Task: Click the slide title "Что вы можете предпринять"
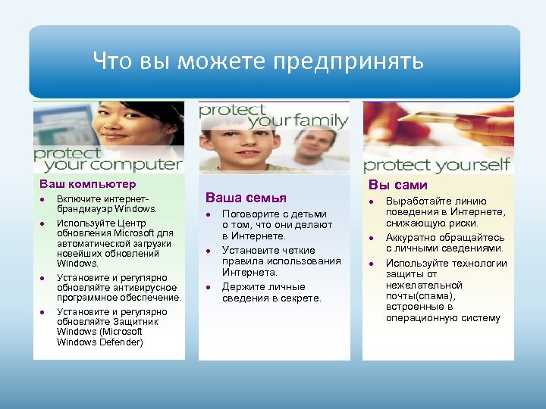coord(258,61)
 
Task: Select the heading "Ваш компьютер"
coord(88,184)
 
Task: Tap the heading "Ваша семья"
coord(247,197)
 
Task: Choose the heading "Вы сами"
coord(397,185)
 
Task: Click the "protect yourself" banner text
coord(437,165)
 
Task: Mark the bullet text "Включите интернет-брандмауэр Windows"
coord(107,203)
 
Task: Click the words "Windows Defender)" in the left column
coord(99,342)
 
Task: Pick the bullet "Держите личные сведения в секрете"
coord(271,292)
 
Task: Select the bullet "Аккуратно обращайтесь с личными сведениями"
coord(444,243)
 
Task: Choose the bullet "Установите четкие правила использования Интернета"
coord(281,261)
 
